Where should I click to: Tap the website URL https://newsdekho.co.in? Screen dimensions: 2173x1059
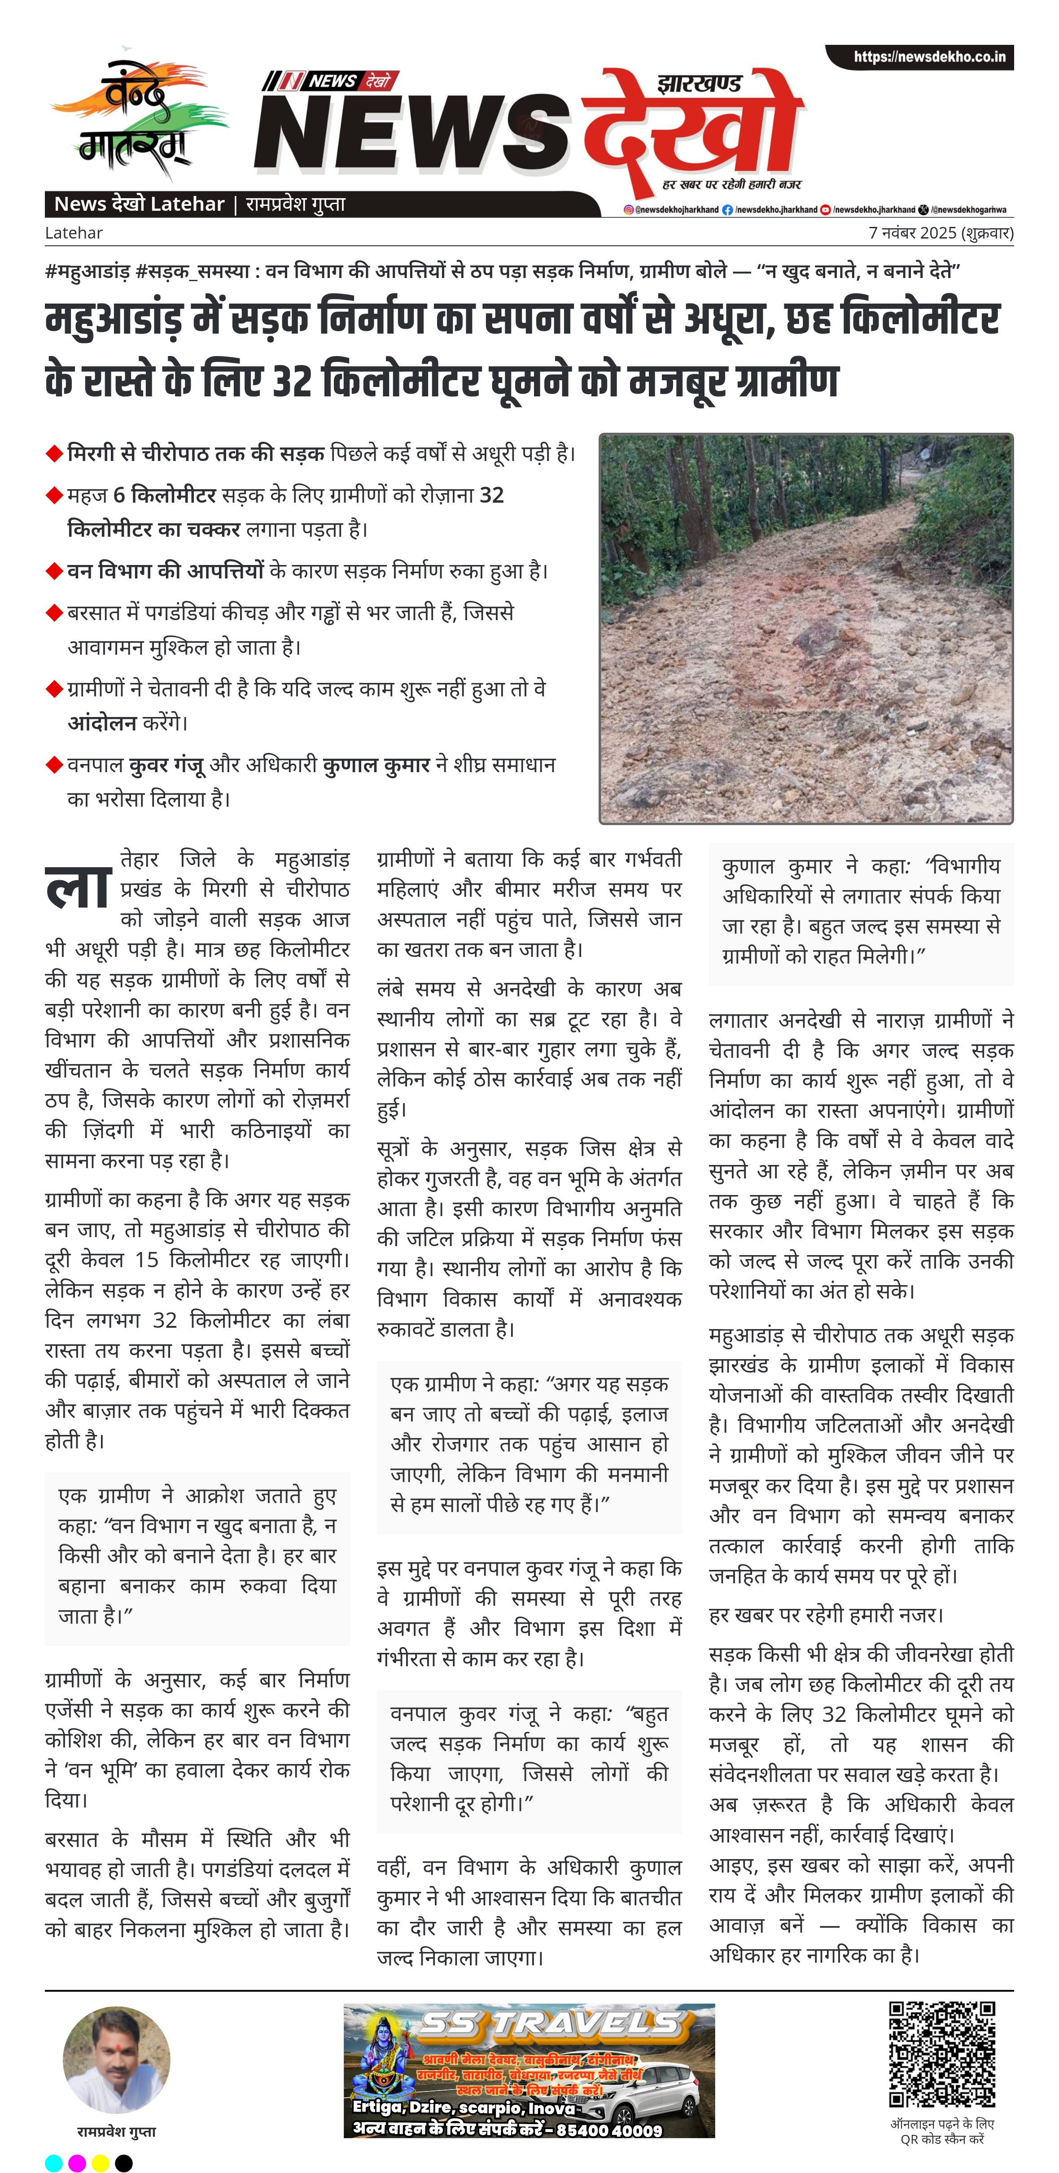[929, 57]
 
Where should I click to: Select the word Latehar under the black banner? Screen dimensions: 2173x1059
[74, 233]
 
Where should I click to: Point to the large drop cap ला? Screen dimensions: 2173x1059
[78, 887]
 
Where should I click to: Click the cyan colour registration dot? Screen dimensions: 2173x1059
[53, 2163]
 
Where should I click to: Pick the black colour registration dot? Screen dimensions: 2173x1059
[124, 2163]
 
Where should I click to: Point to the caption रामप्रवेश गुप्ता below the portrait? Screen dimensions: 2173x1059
[117, 2132]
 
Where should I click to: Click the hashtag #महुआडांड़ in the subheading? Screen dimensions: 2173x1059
[87, 272]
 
